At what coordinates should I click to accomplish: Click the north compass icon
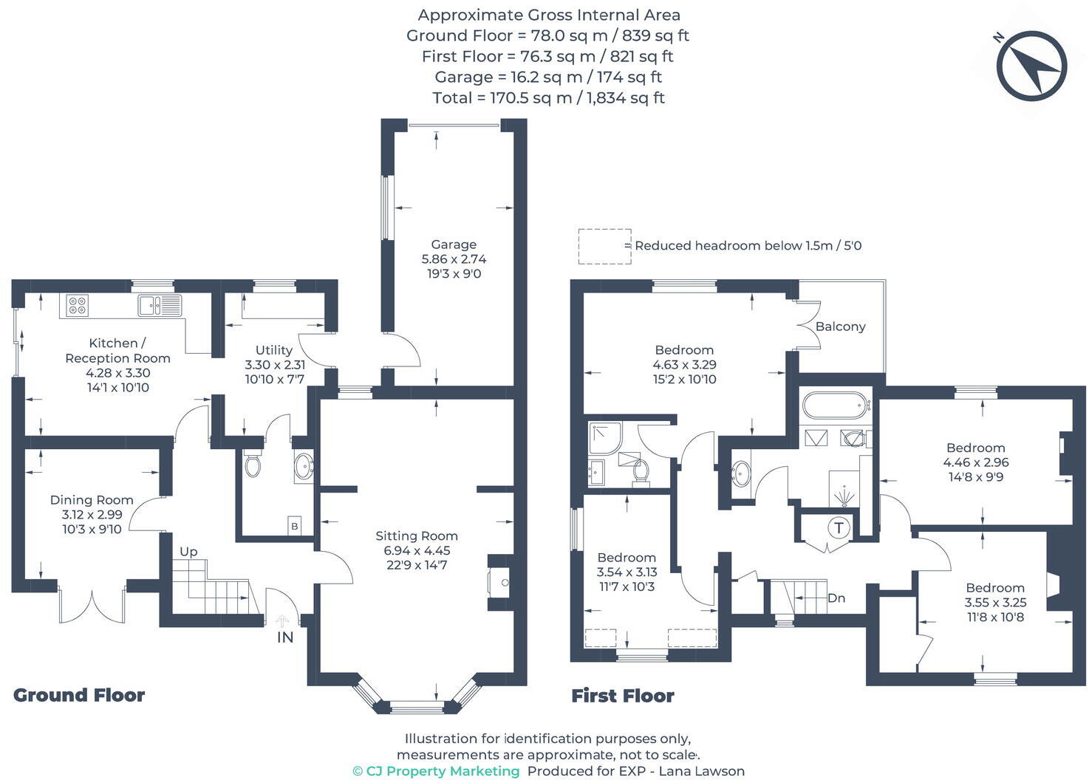(x=1031, y=66)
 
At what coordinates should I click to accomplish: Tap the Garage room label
(x=454, y=244)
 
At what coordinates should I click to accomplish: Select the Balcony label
(x=840, y=326)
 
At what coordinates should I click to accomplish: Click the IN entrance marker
(x=285, y=637)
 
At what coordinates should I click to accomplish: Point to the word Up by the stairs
(x=188, y=552)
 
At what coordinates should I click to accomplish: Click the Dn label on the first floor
(x=836, y=598)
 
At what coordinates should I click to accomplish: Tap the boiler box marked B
(x=295, y=526)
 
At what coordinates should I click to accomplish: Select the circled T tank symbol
(x=839, y=528)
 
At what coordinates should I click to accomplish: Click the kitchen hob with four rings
(x=77, y=305)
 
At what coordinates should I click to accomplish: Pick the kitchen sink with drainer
(x=159, y=304)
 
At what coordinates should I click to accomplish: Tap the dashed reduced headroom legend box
(x=604, y=246)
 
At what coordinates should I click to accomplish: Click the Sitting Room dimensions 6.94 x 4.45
(x=417, y=551)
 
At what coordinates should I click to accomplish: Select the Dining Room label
(x=92, y=500)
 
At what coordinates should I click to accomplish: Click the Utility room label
(x=274, y=350)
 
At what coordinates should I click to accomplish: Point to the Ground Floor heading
(x=79, y=695)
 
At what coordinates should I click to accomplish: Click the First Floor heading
(x=623, y=696)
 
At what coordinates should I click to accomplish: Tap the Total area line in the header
(x=548, y=97)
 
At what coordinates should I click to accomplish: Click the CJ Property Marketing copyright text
(x=436, y=771)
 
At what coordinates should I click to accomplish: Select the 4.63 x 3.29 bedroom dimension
(x=684, y=365)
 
